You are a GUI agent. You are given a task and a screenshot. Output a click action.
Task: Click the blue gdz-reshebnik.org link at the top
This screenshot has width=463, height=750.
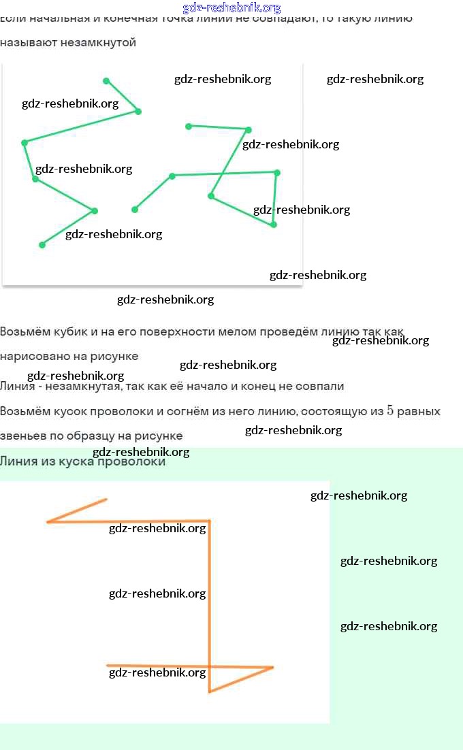pyautogui.click(x=231, y=8)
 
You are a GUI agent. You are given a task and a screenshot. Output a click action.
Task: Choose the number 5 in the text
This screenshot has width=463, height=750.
pyautogui.click(x=390, y=411)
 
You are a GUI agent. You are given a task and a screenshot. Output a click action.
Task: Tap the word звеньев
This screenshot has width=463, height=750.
pyautogui.click(x=22, y=436)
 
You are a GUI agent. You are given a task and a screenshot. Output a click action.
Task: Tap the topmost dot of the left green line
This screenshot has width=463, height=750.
pyautogui.click(x=106, y=81)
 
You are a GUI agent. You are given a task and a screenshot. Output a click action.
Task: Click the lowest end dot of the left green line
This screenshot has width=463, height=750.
pyautogui.click(x=42, y=245)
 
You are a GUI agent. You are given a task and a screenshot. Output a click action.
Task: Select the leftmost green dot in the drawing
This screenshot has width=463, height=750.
pyautogui.click(x=25, y=142)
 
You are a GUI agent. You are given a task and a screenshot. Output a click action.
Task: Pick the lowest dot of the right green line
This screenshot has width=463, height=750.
pyautogui.click(x=274, y=224)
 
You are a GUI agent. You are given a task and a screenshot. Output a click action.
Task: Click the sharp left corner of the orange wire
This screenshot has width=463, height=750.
pyautogui.click(x=48, y=522)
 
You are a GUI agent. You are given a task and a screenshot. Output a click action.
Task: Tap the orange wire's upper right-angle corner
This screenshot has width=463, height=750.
pyautogui.click(x=209, y=522)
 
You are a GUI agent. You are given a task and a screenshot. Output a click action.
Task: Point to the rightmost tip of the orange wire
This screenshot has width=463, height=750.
pyautogui.click(x=273, y=668)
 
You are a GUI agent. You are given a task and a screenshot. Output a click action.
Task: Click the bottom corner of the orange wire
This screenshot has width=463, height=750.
pyautogui.click(x=210, y=691)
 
